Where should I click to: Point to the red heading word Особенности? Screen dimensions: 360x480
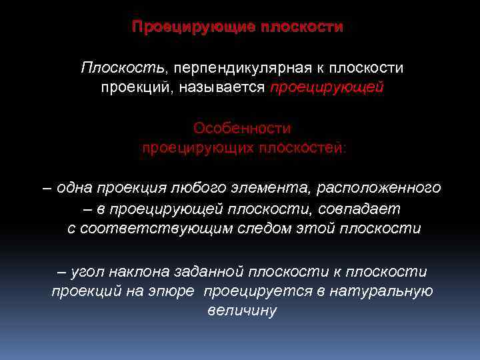tap(242, 127)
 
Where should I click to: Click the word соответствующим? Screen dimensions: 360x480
tap(157, 228)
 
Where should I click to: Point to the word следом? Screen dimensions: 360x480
tap(263, 228)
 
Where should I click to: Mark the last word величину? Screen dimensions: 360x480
tap(242, 311)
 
